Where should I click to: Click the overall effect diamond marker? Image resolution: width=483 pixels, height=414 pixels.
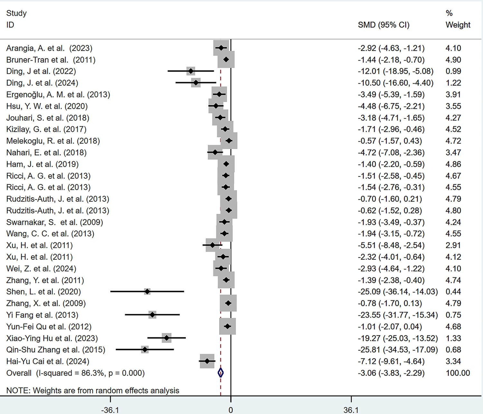pos(221,373)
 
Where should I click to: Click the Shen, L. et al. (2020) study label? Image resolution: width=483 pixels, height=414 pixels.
pos(43,292)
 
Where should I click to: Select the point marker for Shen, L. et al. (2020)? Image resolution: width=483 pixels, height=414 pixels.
pos(147,292)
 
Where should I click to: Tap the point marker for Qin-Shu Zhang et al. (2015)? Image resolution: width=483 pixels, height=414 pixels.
pos(145,350)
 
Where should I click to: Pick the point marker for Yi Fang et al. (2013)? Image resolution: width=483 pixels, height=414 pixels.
pos(152,315)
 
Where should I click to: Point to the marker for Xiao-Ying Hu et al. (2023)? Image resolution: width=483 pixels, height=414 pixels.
pos(166,338)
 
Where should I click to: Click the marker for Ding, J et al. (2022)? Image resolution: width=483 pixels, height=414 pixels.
pos(191,71)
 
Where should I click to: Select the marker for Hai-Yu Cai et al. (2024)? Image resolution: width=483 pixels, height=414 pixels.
pos(207,361)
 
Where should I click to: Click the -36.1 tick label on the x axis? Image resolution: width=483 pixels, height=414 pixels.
pos(110,410)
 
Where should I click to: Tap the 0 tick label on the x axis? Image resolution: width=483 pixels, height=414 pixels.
pos(231,410)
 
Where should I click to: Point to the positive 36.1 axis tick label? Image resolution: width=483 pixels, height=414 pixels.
pos(351,410)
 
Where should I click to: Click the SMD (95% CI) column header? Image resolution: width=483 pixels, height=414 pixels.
pos(384,25)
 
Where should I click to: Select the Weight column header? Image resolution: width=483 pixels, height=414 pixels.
pos(458,25)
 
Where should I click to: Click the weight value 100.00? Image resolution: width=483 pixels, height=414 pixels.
pos(458,373)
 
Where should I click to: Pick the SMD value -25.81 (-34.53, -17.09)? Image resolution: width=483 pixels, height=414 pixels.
pos(398,350)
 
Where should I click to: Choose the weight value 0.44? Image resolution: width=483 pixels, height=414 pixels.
pos(453,292)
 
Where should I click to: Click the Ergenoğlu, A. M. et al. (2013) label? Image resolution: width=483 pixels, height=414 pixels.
pos(58,95)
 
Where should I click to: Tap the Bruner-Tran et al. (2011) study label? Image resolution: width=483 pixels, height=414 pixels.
pos(51,60)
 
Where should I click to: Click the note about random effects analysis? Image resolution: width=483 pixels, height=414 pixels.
pos(93,390)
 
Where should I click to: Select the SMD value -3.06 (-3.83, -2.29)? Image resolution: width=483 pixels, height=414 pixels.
pos(391,373)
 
